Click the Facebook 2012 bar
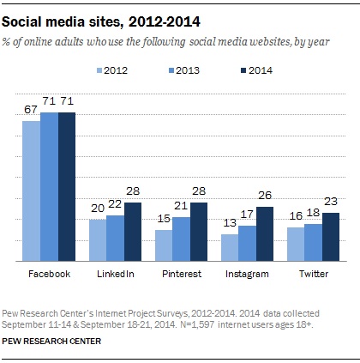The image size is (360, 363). point(31,191)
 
